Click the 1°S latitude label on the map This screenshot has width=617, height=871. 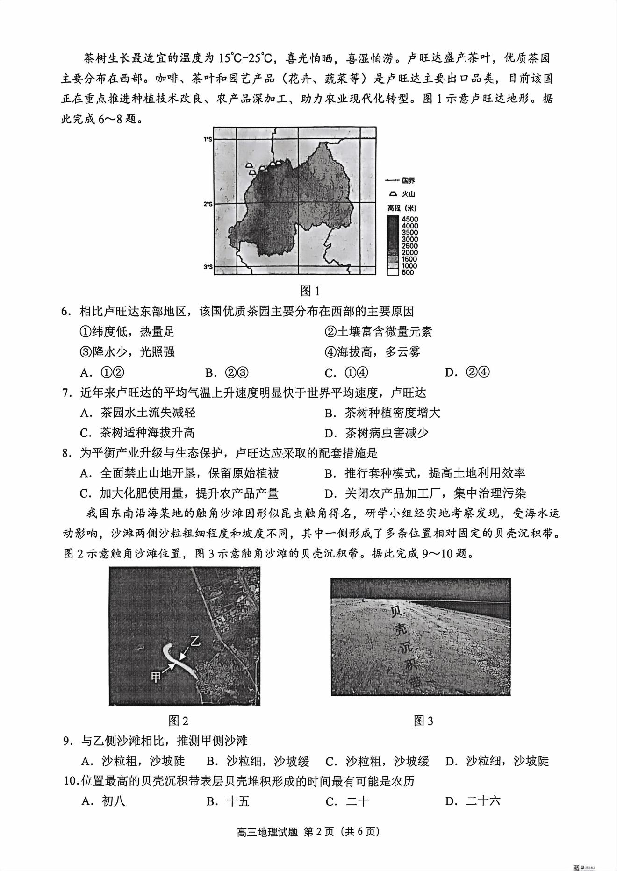pyautogui.click(x=208, y=139)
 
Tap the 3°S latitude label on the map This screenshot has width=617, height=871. pyautogui.click(x=208, y=267)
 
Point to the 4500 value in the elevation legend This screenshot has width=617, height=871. pyautogui.click(x=409, y=219)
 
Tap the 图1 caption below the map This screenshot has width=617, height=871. pyautogui.click(x=309, y=291)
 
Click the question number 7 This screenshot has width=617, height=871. pyautogui.click(x=67, y=393)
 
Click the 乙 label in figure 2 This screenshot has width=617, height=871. pyautogui.click(x=194, y=641)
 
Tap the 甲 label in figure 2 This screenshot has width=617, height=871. pyautogui.click(x=156, y=676)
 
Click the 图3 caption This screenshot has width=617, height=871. pyautogui.click(x=423, y=721)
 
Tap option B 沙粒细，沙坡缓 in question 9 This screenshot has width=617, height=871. pyautogui.click(x=258, y=761)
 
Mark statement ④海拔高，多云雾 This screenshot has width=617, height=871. pyautogui.click(x=372, y=352)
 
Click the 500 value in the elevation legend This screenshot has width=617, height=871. pyautogui.click(x=408, y=272)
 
